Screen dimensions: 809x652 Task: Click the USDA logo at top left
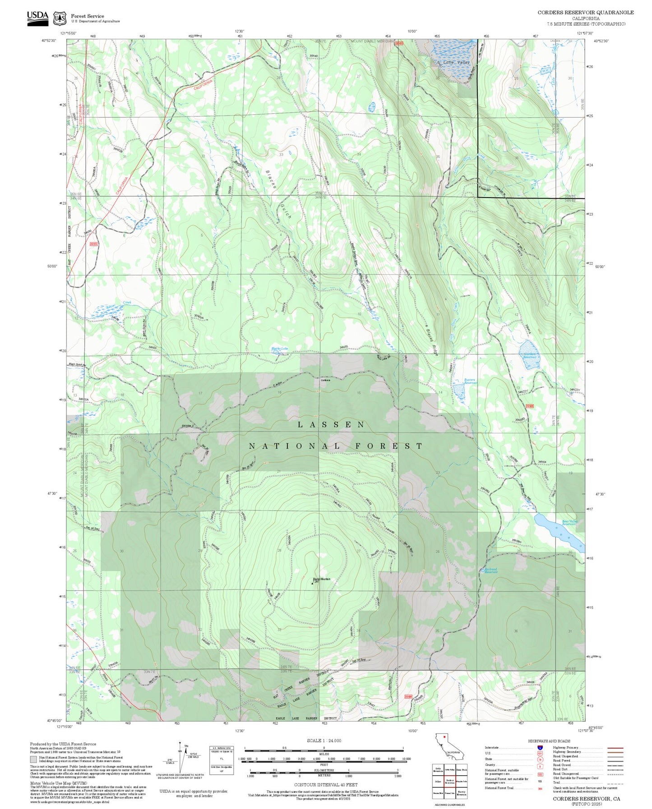point(37,18)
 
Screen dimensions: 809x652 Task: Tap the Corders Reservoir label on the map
point(530,355)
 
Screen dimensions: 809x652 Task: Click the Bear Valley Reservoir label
point(569,523)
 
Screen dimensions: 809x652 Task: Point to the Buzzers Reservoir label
point(470,381)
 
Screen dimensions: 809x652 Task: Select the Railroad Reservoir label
point(490,570)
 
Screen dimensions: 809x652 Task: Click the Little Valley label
point(456,62)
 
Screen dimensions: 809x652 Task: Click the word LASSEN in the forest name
point(331,425)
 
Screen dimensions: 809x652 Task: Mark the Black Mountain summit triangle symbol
point(313,583)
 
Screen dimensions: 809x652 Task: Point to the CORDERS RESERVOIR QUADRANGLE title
point(585,13)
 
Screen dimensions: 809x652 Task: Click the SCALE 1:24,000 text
point(324,740)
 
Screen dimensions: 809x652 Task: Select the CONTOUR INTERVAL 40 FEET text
point(325,785)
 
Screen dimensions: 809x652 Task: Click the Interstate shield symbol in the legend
point(540,748)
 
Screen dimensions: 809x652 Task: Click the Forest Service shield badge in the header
point(60,18)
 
